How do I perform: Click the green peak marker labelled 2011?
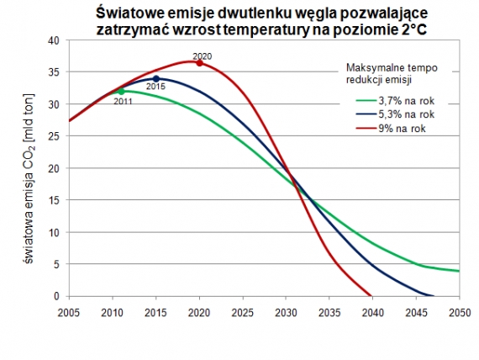[121, 91]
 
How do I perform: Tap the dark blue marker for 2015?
[156, 79]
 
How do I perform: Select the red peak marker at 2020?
[199, 62]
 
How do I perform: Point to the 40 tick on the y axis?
[54, 40]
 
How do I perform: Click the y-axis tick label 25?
[54, 136]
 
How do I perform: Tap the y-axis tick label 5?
[56, 264]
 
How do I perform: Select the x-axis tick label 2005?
[70, 311]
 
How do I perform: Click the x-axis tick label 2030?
[285, 311]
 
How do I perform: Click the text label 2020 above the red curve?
[202, 56]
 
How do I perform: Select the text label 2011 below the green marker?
[124, 101]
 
